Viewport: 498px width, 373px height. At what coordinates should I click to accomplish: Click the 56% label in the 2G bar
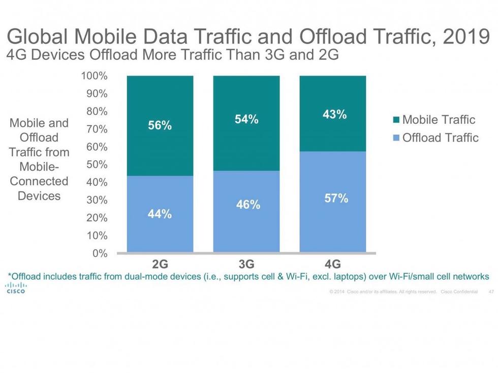(160, 126)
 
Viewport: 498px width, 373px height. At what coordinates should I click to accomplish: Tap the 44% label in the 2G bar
(160, 214)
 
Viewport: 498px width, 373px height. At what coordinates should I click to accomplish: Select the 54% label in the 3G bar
(246, 120)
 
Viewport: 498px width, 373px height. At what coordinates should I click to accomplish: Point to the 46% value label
(248, 205)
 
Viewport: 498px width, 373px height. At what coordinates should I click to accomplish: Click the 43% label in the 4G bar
(334, 115)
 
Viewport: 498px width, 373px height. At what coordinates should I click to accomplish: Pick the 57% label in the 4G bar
(336, 198)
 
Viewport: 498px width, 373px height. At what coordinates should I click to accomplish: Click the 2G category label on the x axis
(160, 264)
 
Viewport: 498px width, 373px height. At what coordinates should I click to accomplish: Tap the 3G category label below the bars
(246, 264)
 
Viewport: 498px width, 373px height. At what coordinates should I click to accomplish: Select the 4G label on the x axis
(332, 264)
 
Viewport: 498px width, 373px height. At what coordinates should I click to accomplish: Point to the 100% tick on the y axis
(94, 76)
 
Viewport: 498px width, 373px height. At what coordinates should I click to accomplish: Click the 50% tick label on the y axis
(97, 164)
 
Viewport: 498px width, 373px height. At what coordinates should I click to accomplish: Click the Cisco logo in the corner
(15, 288)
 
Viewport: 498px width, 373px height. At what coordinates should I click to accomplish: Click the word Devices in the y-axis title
(39, 195)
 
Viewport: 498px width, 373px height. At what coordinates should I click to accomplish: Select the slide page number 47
(490, 292)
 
